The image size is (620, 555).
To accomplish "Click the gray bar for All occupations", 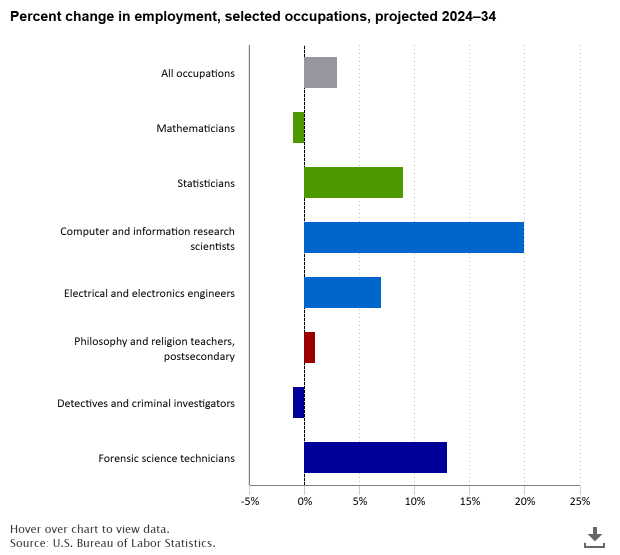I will tap(320, 72).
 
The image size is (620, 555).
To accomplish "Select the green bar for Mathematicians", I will tap(298, 127).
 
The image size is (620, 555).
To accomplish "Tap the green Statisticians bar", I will tap(353, 182).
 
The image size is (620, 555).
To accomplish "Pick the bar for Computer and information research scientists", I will tap(414, 237).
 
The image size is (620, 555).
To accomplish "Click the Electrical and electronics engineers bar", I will tap(342, 292).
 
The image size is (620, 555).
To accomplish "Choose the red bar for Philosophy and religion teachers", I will tap(309, 347).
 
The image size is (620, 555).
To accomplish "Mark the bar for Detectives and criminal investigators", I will tap(298, 402).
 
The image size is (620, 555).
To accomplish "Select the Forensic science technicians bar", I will tap(375, 457).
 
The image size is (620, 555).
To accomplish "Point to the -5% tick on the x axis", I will tap(250, 501).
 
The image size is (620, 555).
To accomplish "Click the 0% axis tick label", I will tap(304, 501).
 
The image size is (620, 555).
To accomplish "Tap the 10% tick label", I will tap(414, 501).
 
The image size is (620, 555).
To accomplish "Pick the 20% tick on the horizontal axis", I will tap(524, 501).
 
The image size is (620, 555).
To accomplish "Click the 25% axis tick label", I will tap(579, 501).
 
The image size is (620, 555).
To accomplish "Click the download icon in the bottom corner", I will tap(594, 537).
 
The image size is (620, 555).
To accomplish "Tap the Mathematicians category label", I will tap(195, 128).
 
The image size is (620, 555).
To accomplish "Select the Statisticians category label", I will tap(206, 183).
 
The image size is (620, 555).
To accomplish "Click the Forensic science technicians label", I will tap(166, 458).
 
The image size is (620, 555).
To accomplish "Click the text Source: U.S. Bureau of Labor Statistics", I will tap(112, 543).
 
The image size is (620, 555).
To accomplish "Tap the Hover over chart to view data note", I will tap(90, 529).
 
